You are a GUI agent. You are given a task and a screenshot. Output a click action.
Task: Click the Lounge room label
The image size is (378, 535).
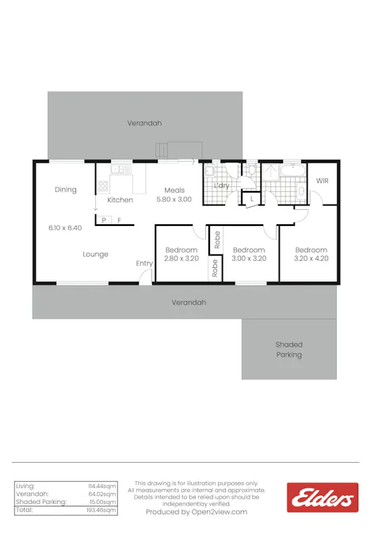click(95, 254)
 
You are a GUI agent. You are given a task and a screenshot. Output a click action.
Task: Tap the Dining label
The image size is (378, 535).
click(66, 189)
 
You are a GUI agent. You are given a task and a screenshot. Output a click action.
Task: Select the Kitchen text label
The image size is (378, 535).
click(120, 200)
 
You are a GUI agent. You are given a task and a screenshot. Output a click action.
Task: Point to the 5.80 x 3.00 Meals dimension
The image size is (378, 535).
click(174, 200)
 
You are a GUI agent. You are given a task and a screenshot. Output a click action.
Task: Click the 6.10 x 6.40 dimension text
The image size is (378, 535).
click(65, 227)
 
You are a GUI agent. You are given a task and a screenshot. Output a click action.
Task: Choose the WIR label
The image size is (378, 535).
click(322, 182)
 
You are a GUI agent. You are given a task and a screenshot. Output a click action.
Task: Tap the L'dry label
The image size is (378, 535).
click(222, 185)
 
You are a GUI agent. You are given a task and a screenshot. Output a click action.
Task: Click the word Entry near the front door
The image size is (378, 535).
click(144, 263)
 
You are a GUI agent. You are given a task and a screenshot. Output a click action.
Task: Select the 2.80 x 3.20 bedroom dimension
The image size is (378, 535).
click(181, 258)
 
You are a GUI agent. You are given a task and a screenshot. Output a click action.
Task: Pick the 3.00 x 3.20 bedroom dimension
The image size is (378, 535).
click(249, 258)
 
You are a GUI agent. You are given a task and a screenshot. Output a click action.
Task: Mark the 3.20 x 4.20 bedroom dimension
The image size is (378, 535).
click(311, 258)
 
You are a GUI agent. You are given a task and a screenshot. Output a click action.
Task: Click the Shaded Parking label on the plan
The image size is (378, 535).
click(289, 350)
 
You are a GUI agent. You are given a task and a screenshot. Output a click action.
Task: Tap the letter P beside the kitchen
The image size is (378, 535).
click(104, 220)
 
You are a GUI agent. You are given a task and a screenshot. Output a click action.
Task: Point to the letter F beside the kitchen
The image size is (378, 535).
click(120, 220)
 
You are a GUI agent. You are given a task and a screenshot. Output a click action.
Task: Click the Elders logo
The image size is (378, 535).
click(323, 498)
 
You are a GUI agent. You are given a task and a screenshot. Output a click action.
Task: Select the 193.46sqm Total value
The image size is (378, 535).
click(102, 510)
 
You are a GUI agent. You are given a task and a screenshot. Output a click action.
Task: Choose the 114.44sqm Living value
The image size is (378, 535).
click(102, 485)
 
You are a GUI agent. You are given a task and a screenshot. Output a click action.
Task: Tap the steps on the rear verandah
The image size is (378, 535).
click(162, 150)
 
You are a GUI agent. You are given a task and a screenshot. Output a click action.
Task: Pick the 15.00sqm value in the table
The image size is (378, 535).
click(103, 502)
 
